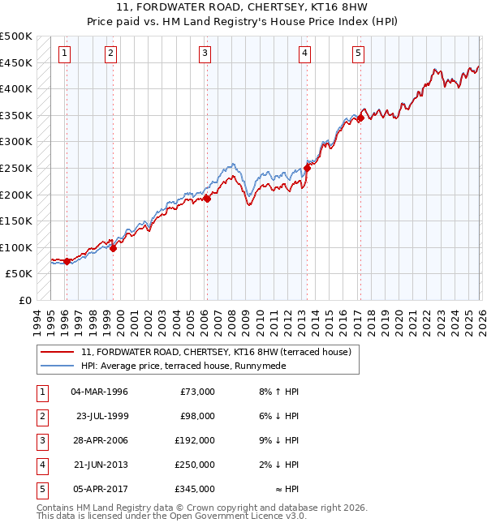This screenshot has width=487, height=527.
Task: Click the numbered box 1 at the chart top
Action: pyautogui.click(x=64, y=54)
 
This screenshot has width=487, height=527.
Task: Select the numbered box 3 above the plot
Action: pyautogui.click(x=205, y=54)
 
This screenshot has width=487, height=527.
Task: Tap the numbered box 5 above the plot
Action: pyautogui.click(x=358, y=54)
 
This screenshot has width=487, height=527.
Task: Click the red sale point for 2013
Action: pyautogui.click(x=308, y=169)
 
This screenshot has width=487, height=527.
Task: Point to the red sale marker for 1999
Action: pyautogui.click(x=113, y=248)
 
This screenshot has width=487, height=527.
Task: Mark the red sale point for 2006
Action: pyautogui.click(x=207, y=198)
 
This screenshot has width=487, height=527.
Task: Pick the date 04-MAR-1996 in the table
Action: pyautogui.click(x=99, y=392)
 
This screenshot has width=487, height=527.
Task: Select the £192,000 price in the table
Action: pyautogui.click(x=195, y=440)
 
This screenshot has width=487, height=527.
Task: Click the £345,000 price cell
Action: pyautogui.click(x=195, y=489)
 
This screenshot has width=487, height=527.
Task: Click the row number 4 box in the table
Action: pyautogui.click(x=41, y=465)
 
